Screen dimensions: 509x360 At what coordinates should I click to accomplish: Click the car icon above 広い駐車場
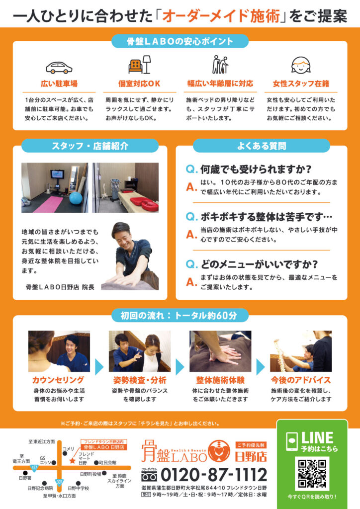pos(59,67)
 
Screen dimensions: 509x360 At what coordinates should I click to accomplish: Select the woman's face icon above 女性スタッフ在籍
pos(301,65)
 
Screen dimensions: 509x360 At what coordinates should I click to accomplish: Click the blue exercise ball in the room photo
pos(76,198)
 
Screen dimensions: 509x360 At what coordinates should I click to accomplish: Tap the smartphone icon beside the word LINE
pos(292,442)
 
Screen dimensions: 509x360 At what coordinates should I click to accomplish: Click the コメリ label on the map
pos(68,449)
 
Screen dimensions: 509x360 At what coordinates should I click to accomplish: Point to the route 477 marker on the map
pos(33,468)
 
